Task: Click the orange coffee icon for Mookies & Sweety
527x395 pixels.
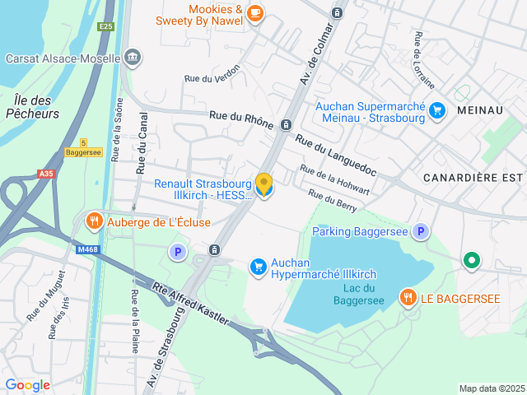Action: click(x=255, y=12)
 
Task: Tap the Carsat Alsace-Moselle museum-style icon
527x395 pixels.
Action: click(x=132, y=57)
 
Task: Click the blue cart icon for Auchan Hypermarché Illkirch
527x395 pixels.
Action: click(x=259, y=265)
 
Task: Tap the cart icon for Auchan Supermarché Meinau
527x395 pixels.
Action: click(x=436, y=109)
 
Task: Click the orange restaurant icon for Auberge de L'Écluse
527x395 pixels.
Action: click(x=95, y=221)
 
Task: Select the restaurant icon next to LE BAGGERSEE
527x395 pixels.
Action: click(x=407, y=297)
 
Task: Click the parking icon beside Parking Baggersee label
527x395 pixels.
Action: click(x=421, y=232)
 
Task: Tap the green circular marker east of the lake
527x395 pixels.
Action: click(x=471, y=262)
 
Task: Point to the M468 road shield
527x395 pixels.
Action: click(x=86, y=249)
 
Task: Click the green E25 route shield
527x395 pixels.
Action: click(x=105, y=26)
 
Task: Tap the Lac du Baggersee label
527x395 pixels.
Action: click(x=359, y=294)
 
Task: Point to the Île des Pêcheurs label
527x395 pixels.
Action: click(x=32, y=107)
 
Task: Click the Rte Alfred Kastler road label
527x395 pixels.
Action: click(x=189, y=303)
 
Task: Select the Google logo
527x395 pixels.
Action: click(x=27, y=384)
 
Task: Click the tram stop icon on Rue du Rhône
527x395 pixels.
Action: click(x=286, y=124)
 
